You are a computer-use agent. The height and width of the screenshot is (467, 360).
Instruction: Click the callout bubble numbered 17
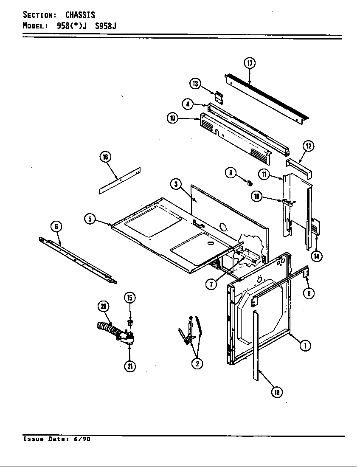pyautogui.click(x=250, y=63)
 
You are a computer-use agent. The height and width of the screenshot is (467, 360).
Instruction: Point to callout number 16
pyautogui.click(x=105, y=157)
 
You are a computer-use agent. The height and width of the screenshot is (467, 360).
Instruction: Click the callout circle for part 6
pyautogui.click(x=56, y=226)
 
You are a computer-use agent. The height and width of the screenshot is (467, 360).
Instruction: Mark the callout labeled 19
pyautogui.click(x=276, y=393)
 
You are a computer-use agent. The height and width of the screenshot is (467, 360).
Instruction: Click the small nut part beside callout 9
pyautogui.click(x=250, y=183)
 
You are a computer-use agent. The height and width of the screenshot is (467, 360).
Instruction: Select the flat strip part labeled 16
pyautogui.click(x=120, y=181)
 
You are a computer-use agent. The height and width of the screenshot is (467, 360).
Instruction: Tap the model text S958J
pyautogui.click(x=106, y=25)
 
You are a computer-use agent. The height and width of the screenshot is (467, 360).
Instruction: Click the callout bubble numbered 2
pyautogui.click(x=197, y=363)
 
